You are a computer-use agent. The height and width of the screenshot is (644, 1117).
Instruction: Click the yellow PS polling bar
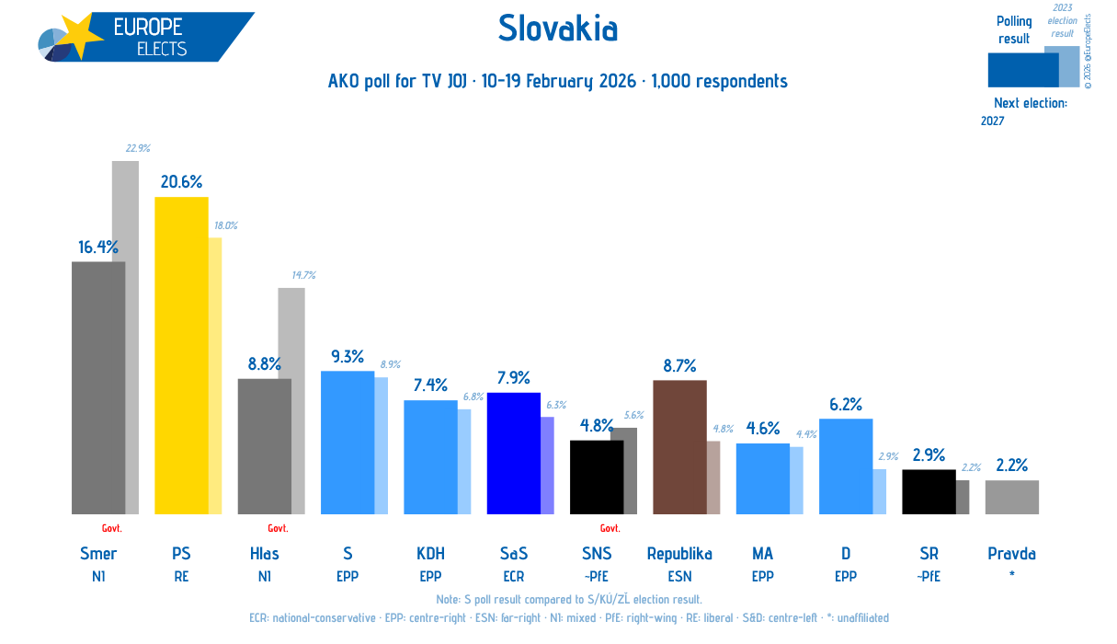pyautogui.click(x=181, y=355)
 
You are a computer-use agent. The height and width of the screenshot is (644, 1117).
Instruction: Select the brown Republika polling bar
pyautogui.click(x=679, y=447)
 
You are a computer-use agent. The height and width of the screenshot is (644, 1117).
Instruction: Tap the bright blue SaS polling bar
pyautogui.click(x=513, y=454)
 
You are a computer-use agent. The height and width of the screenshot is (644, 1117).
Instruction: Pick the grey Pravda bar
pyautogui.click(x=1011, y=497)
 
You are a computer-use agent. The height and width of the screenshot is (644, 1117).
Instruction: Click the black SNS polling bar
pyautogui.click(x=596, y=477)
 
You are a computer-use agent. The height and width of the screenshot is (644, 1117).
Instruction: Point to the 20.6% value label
pyautogui.click(x=181, y=181)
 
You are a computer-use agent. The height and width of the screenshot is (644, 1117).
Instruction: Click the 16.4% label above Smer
pyautogui.click(x=98, y=247)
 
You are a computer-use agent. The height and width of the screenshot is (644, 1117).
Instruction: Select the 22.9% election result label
pyautogui.click(x=138, y=148)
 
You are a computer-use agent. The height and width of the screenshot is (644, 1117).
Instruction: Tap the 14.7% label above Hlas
pyautogui.click(x=303, y=275)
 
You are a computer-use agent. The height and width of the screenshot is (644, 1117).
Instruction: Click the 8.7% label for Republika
pyautogui.click(x=679, y=365)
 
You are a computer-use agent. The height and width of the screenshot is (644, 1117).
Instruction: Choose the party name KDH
pyautogui.click(x=430, y=553)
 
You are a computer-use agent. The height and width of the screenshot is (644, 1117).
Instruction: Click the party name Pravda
pyautogui.click(x=1011, y=553)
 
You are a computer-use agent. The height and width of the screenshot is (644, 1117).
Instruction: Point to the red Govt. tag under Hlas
pyautogui.click(x=278, y=528)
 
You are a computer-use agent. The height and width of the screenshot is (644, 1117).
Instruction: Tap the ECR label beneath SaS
pyautogui.click(x=513, y=577)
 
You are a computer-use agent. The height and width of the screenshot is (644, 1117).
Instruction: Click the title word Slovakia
pyautogui.click(x=558, y=29)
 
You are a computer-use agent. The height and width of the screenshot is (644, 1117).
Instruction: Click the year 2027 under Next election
pyautogui.click(x=993, y=121)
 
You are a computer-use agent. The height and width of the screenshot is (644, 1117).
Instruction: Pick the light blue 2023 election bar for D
pyautogui.click(x=880, y=491)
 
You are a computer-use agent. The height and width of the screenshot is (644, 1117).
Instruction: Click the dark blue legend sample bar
pyautogui.click(x=1022, y=69)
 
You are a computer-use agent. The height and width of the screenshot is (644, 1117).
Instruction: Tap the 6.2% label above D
pyautogui.click(x=845, y=404)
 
